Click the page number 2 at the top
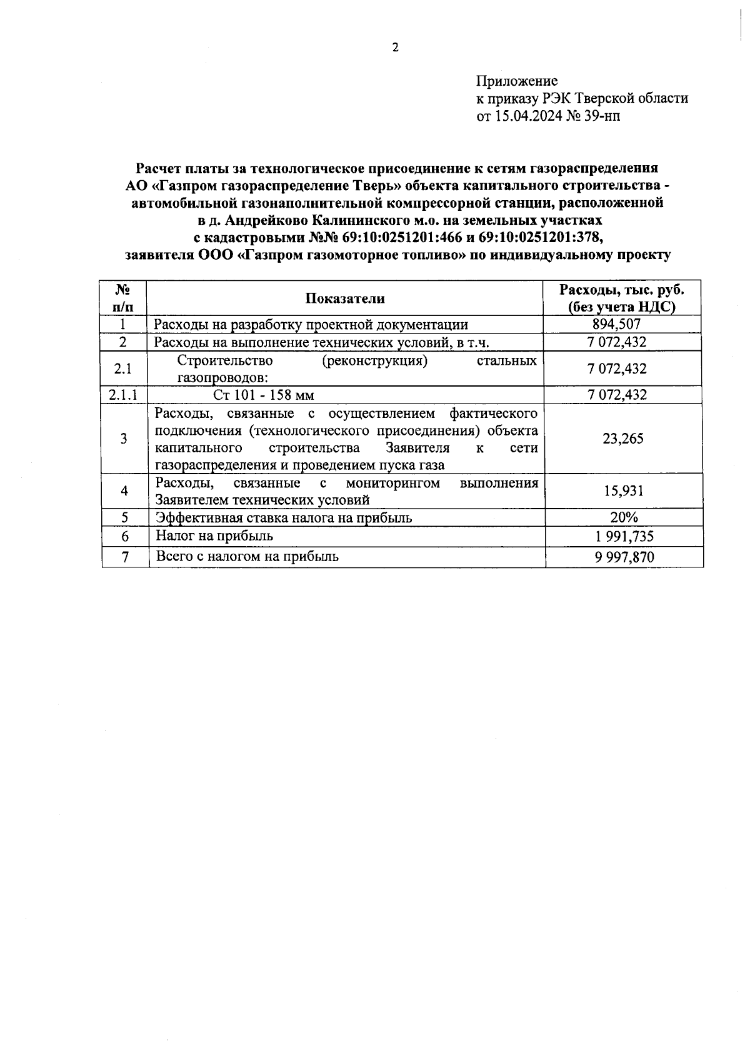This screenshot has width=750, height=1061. pyautogui.click(x=394, y=48)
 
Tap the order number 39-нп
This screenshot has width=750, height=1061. pyautogui.click(x=602, y=116)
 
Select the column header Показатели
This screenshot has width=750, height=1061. pyautogui.click(x=345, y=298)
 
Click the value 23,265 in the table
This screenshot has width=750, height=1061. pyautogui.click(x=622, y=439)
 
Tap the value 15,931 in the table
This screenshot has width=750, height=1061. pyautogui.click(x=623, y=491)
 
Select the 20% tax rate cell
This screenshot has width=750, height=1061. pyautogui.click(x=623, y=517)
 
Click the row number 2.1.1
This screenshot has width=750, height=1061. pyautogui.click(x=123, y=394)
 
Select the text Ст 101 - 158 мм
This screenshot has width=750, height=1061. pyautogui.click(x=263, y=395)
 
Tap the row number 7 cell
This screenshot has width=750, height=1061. pyautogui.click(x=124, y=557)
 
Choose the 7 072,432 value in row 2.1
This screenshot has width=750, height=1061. pyautogui.click(x=616, y=368)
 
